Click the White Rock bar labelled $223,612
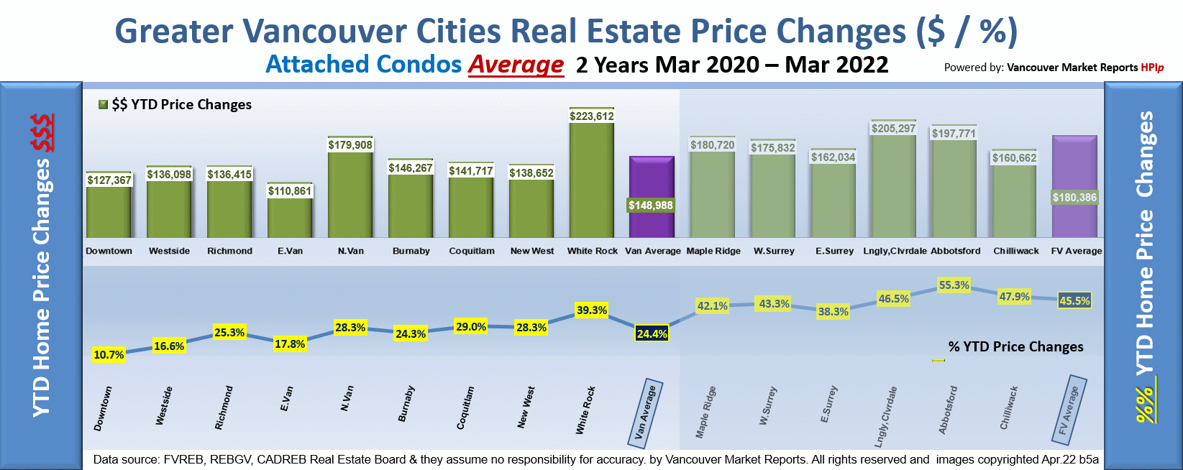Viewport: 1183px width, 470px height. [x=592, y=180]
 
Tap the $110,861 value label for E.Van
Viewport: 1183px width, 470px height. [x=290, y=191]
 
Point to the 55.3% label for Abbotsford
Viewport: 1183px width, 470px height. [x=954, y=285]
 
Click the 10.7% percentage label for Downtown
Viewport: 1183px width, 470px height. [x=109, y=354]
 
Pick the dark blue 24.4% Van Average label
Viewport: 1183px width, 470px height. [x=652, y=333]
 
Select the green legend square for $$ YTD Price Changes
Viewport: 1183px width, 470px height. [x=103, y=105]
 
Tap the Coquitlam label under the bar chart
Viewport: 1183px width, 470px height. [x=472, y=251]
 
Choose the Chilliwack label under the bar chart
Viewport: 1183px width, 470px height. [x=1016, y=251]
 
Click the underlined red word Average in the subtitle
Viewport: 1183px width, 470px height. [x=516, y=65]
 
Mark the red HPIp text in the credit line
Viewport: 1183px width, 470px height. [x=1152, y=68]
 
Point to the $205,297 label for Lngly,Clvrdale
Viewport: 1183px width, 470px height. [x=893, y=129]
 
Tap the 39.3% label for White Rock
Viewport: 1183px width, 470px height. [x=591, y=310]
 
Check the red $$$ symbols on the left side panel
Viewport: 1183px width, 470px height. [x=42, y=133]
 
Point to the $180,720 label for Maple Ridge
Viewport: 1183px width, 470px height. [x=712, y=145]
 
